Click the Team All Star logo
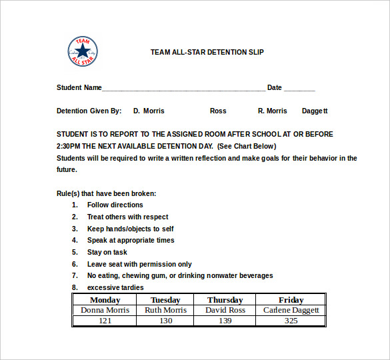(83, 51)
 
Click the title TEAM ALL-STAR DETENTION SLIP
(207, 52)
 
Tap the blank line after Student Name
(183, 89)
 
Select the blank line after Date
(299, 89)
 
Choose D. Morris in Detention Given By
(149, 111)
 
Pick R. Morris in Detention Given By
(272, 111)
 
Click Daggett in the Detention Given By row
(315, 111)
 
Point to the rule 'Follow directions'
(115, 205)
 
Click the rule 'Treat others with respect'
(127, 217)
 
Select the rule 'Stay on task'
(107, 252)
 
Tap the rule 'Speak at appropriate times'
(131, 240)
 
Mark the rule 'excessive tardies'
(115, 287)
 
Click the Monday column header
(105, 300)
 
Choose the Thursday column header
(225, 300)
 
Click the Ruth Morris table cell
(165, 310)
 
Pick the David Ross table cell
(225, 310)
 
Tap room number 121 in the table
(105, 321)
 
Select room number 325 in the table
(291, 321)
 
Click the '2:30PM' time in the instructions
(69, 146)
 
